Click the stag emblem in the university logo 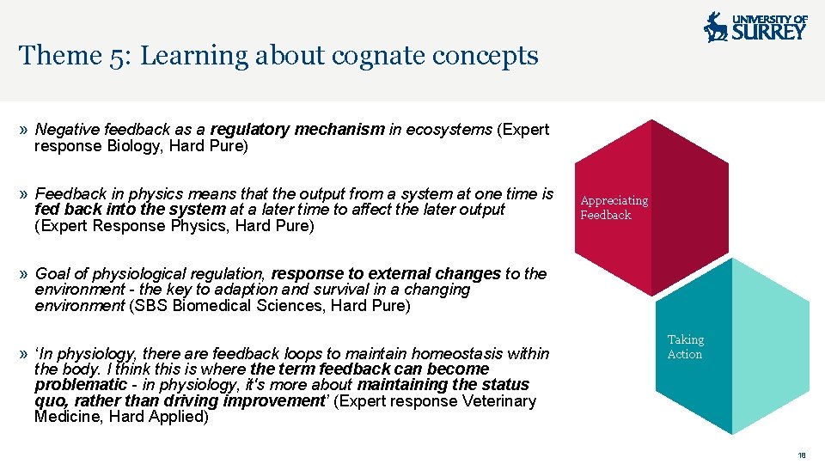pos(715,27)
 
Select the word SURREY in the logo pos(768,33)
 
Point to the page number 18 pos(802,455)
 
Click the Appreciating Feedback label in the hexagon pos(614,208)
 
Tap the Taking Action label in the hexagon pos(685,347)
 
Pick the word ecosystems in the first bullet pos(449,130)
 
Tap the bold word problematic pos(80,385)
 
